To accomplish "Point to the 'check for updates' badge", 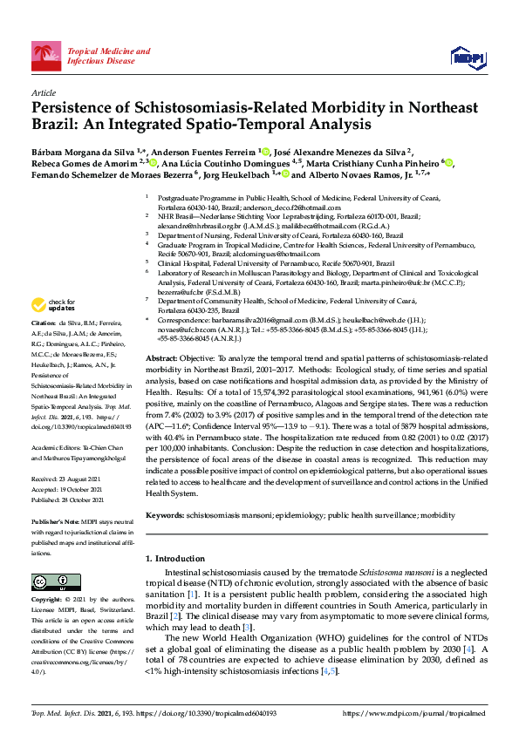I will click(x=51, y=305).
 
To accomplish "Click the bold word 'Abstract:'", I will click(x=163, y=358).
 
